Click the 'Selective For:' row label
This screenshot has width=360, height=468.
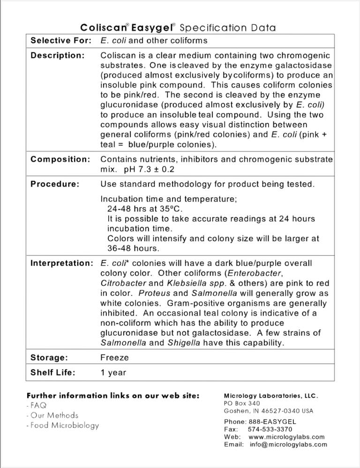pyautogui.click(x=61, y=41)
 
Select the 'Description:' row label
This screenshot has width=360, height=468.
pyautogui.click(x=58, y=56)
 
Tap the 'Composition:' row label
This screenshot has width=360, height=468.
pyautogui.click(x=60, y=159)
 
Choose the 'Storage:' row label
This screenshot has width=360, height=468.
pyautogui.click(x=49, y=357)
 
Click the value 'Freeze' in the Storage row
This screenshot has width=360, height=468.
pyautogui.click(x=114, y=357)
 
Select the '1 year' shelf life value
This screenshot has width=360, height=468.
pyautogui.click(x=113, y=373)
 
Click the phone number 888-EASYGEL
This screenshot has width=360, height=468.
pyautogui.click(x=270, y=422)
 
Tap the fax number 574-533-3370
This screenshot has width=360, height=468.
pyautogui.click(x=270, y=429)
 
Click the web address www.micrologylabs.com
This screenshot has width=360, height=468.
pyautogui.click(x=286, y=437)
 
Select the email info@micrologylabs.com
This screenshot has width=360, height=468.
pyautogui.click(x=288, y=445)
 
